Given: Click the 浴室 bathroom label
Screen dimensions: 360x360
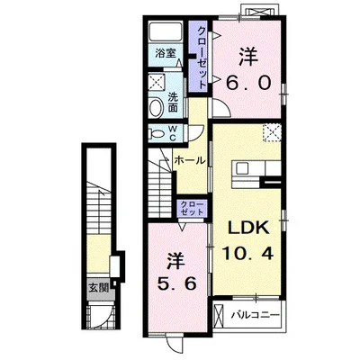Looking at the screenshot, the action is [x=165, y=54].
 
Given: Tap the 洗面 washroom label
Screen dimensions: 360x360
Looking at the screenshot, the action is [x=173, y=102].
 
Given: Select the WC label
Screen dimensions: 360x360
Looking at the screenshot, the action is [x=173, y=133].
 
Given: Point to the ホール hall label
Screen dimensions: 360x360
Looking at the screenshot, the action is [x=190, y=160].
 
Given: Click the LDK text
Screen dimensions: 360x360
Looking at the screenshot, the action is [x=247, y=229].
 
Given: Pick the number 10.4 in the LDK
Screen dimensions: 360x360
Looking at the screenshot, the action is [x=247, y=254].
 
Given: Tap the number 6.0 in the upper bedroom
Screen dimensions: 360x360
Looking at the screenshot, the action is [x=248, y=82].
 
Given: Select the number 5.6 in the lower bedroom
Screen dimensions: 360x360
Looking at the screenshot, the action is [x=177, y=283].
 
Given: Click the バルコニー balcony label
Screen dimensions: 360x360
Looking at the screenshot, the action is [x=256, y=315].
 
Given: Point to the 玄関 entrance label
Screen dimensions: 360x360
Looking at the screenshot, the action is [x=98, y=288].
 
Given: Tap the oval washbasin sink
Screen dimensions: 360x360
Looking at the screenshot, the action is [x=156, y=108].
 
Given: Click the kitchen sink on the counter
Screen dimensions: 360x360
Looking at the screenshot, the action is [x=242, y=168].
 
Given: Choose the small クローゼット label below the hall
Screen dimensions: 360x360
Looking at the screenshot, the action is [x=192, y=208].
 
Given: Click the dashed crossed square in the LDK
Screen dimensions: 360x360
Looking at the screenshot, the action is [x=272, y=132].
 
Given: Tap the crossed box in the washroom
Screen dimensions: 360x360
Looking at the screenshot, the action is [x=157, y=81].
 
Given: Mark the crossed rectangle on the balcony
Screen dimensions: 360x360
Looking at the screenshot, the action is [x=219, y=316].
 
